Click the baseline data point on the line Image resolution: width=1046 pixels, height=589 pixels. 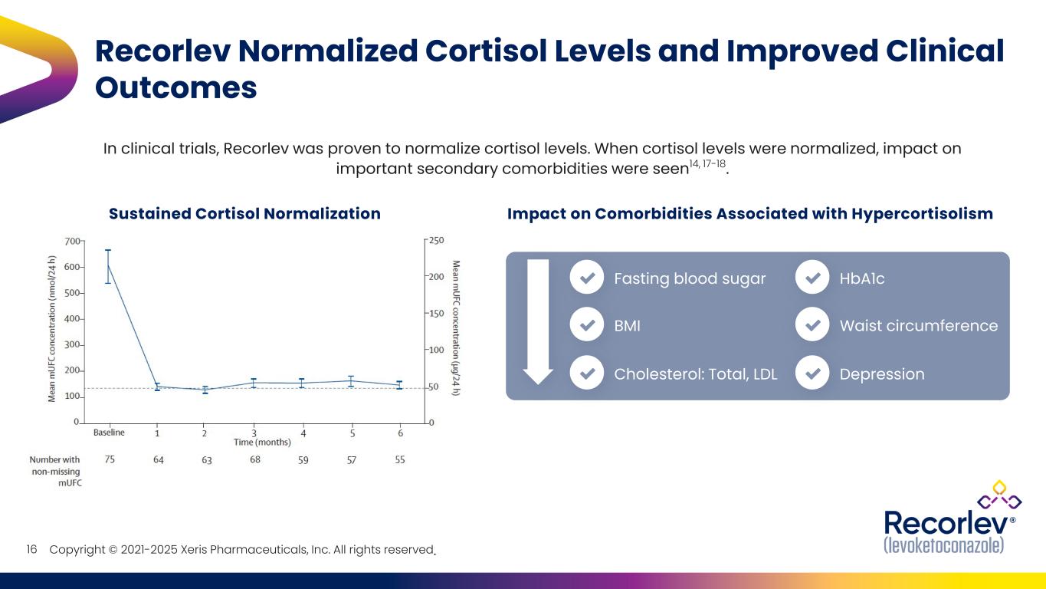pos(108,265)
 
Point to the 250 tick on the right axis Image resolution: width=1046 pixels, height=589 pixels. pos(435,241)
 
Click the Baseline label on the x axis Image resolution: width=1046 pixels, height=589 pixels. pos(109,433)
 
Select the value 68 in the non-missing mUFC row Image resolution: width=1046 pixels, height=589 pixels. pos(255,459)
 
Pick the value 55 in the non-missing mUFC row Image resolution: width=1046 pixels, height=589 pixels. pos(399,459)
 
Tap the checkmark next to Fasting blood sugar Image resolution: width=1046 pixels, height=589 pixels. pos(587,278)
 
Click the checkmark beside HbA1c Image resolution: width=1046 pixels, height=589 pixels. pos(813,278)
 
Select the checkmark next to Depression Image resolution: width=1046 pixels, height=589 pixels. pos(813,374)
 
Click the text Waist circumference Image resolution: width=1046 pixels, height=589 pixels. pos(918,326)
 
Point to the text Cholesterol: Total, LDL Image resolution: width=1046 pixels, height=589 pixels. pos(695,374)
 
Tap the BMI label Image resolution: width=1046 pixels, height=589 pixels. pos(627,326)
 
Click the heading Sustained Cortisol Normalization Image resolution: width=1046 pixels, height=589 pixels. pos(244,214)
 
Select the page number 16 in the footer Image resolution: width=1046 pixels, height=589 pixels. pos(32,550)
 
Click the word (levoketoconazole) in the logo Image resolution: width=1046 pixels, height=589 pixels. pos(943,545)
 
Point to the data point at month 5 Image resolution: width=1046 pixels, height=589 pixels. pos(351,380)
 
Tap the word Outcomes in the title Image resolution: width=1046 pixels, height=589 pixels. pos(175,87)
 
